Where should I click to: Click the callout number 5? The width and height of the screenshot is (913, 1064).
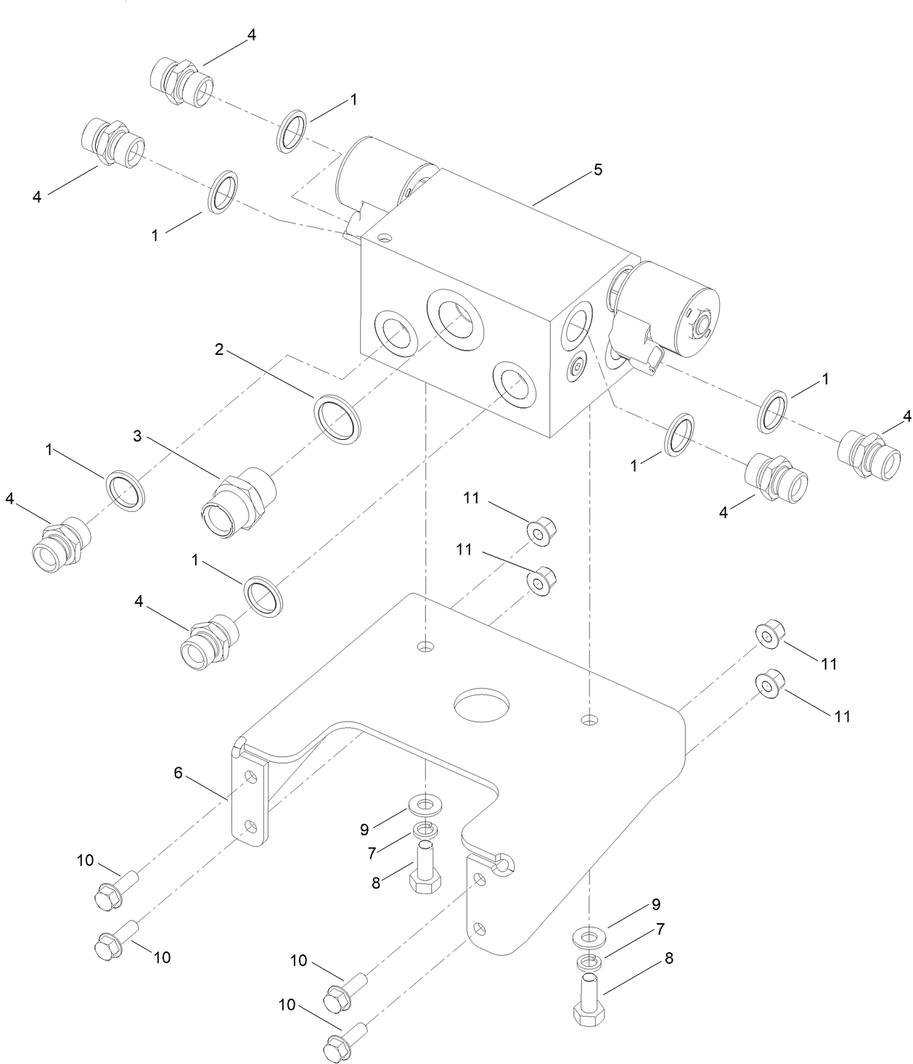pos(598,170)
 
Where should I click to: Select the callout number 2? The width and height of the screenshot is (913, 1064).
pos(218,350)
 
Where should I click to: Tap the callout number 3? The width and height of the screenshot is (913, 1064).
pos(137,436)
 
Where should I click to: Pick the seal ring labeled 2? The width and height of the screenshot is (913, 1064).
pos(337,414)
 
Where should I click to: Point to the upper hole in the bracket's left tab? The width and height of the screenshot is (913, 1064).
pos(250,777)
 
